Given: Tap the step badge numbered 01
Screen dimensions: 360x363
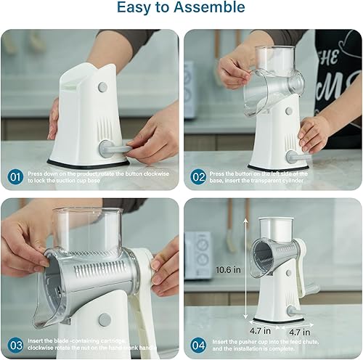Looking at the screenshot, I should pyautogui.click(x=15, y=176).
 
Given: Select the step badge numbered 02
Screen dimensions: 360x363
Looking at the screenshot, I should pyautogui.click(x=199, y=176).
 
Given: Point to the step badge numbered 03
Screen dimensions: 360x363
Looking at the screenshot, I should pyautogui.click(x=15, y=345).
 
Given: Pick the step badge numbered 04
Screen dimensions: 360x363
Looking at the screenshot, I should pyautogui.click(x=199, y=345).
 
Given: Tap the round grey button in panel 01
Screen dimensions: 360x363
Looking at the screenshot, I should pyautogui.click(x=102, y=86).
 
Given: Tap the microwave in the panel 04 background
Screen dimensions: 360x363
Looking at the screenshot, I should pyautogui.click(x=197, y=255).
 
